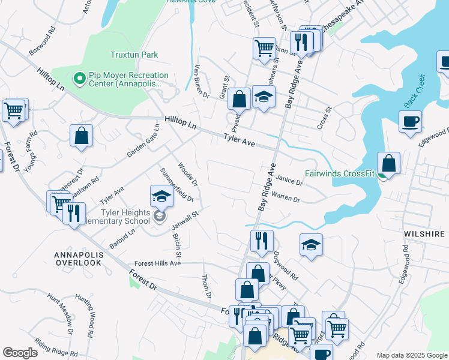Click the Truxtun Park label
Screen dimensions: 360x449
(134, 55)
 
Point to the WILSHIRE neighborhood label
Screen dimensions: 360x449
(424, 233)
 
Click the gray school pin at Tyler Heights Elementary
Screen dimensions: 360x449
(160, 216)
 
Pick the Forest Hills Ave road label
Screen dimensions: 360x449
(157, 263)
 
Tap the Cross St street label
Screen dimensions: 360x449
(325, 118)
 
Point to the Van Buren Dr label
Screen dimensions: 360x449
(202, 81)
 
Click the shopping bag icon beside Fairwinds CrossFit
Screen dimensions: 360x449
(388, 163)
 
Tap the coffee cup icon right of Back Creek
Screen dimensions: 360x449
(410, 121)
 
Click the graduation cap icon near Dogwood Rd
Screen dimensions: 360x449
(311, 245)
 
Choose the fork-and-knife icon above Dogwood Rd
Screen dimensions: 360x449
(262, 241)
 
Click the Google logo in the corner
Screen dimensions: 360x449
(20, 352)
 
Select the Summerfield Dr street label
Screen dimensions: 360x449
(177, 184)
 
